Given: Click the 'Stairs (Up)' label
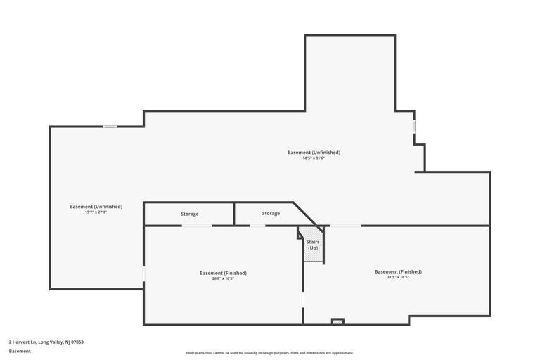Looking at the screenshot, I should tap(313, 245).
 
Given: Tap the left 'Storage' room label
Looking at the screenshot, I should tap(189, 214).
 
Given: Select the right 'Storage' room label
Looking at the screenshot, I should tap(271, 213).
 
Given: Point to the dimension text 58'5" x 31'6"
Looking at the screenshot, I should tap(314, 158).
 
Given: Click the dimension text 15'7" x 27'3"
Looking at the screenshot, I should tap(96, 212).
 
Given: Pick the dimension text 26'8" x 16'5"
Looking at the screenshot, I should tap(223, 278).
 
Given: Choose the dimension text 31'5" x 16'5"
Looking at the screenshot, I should tap(398, 277).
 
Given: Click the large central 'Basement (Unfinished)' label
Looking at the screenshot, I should tap(314, 152).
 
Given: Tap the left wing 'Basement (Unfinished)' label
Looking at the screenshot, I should tap(96, 206).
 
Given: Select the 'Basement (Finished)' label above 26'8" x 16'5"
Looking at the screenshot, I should tap(223, 273).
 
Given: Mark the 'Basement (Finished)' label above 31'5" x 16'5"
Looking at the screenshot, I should tap(398, 271).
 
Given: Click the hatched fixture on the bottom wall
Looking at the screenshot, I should tap(337, 321).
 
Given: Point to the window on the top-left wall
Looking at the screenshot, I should tap(110, 127).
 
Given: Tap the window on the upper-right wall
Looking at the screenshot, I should tap(414, 126).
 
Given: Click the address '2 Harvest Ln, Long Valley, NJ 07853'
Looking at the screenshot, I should tap(46, 342).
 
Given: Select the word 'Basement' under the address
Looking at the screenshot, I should tap(20, 351).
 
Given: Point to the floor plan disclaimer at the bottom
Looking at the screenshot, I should tap(270, 353).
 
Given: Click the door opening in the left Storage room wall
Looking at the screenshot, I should tap(197, 226).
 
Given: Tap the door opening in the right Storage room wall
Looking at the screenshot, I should tap(257, 226).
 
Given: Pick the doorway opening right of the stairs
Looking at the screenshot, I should tap(345, 226).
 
